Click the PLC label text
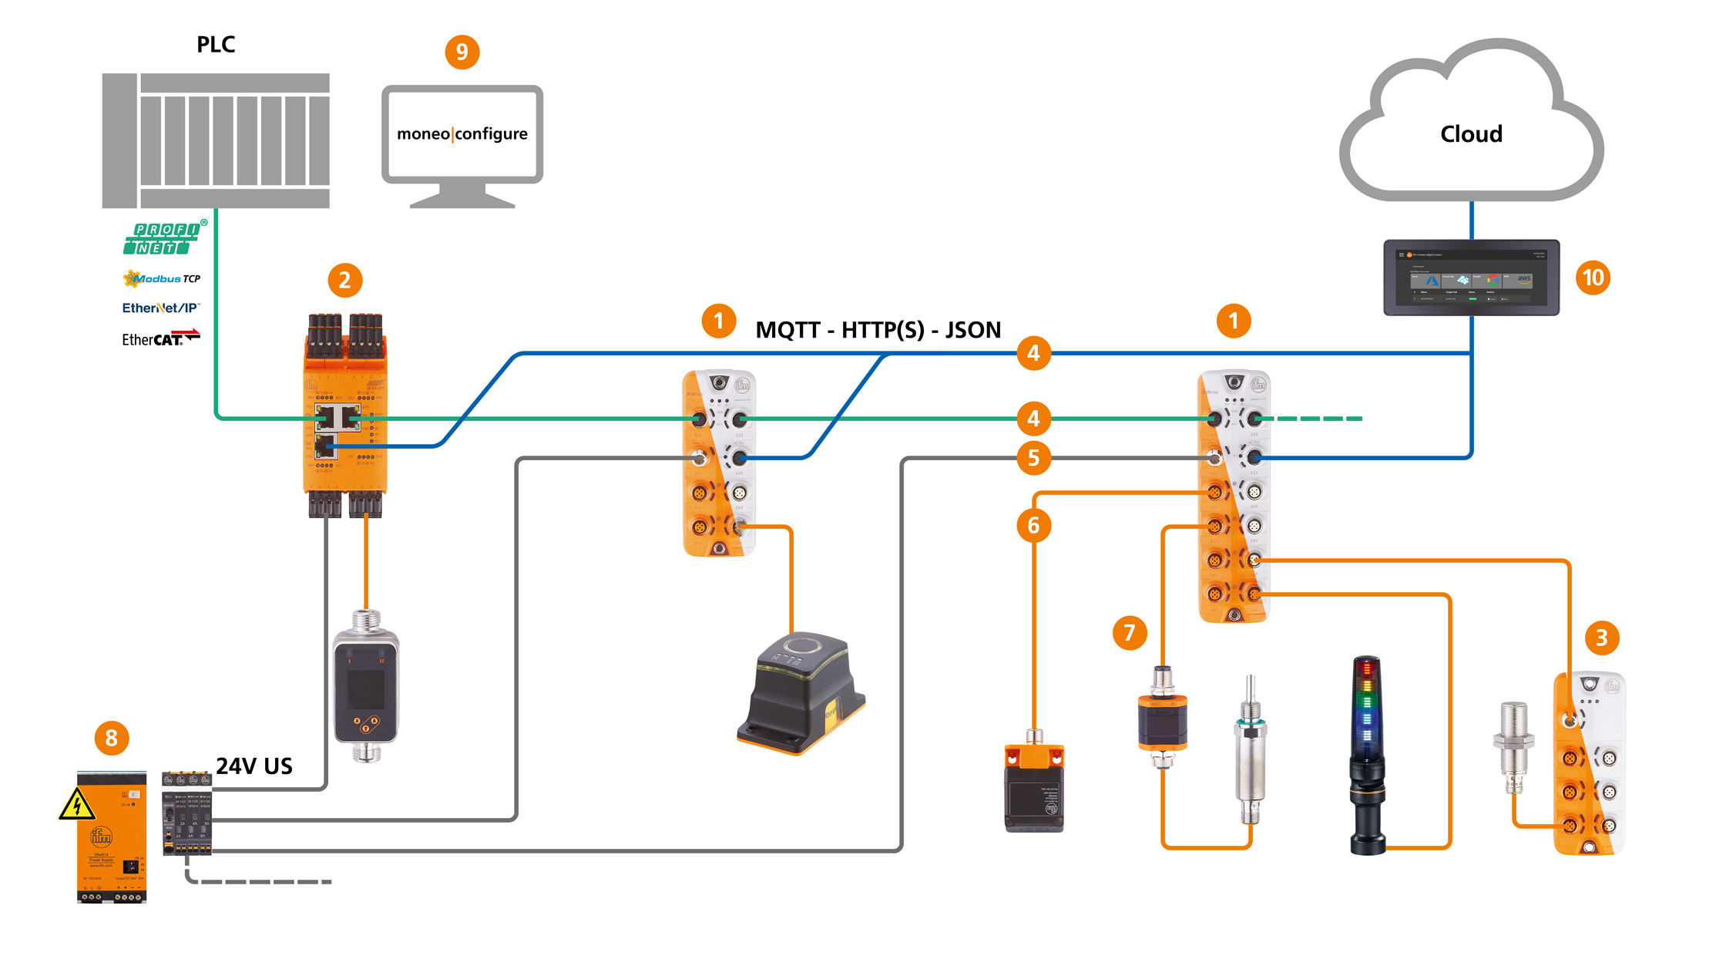click(x=216, y=45)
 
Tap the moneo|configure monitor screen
click(x=462, y=134)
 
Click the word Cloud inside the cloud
click(x=1471, y=134)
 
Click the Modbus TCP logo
click(x=162, y=278)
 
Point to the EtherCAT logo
click(x=160, y=338)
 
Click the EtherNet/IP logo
click(x=160, y=308)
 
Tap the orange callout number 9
click(x=462, y=52)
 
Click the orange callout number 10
click(x=1593, y=278)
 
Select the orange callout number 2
click(x=344, y=280)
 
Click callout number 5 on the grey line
click(x=1033, y=458)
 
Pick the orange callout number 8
click(x=111, y=738)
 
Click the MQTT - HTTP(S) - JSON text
click(x=878, y=330)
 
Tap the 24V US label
click(x=254, y=766)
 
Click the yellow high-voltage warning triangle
click(x=77, y=806)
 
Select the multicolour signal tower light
click(x=1367, y=756)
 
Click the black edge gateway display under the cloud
click(x=1471, y=278)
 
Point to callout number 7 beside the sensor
click(x=1130, y=633)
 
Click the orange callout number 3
click(x=1601, y=638)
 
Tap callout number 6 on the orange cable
click(x=1033, y=526)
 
